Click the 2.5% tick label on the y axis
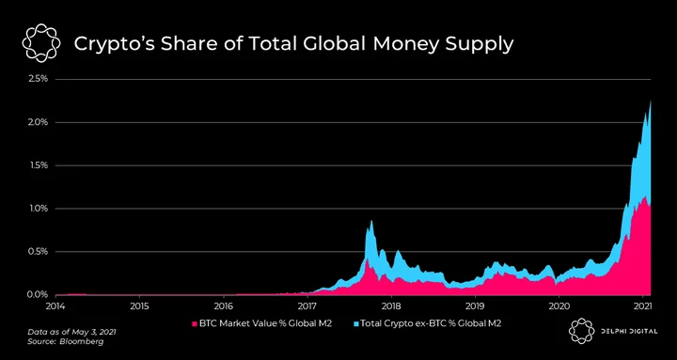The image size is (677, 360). [x=39, y=79]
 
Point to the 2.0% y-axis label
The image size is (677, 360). [x=39, y=122]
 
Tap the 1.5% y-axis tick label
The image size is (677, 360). [x=39, y=165]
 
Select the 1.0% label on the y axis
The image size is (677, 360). [x=39, y=209]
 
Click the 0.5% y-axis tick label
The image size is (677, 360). [x=39, y=252]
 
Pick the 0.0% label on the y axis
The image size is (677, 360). [x=39, y=295]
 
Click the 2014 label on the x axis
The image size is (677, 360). [x=55, y=306]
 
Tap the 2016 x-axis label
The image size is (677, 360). [x=223, y=306]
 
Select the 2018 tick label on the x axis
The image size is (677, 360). [x=391, y=306]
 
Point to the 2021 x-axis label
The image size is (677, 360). [x=642, y=306]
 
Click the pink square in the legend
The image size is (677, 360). [x=195, y=323]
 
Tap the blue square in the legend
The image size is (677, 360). [x=356, y=323]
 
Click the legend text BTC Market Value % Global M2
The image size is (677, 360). [x=265, y=323]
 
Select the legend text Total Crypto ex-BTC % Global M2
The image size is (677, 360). [x=431, y=323]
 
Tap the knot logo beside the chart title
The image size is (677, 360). [x=41, y=43]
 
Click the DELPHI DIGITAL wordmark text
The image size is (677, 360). [x=628, y=331]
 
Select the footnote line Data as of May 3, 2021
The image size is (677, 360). [x=71, y=333]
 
